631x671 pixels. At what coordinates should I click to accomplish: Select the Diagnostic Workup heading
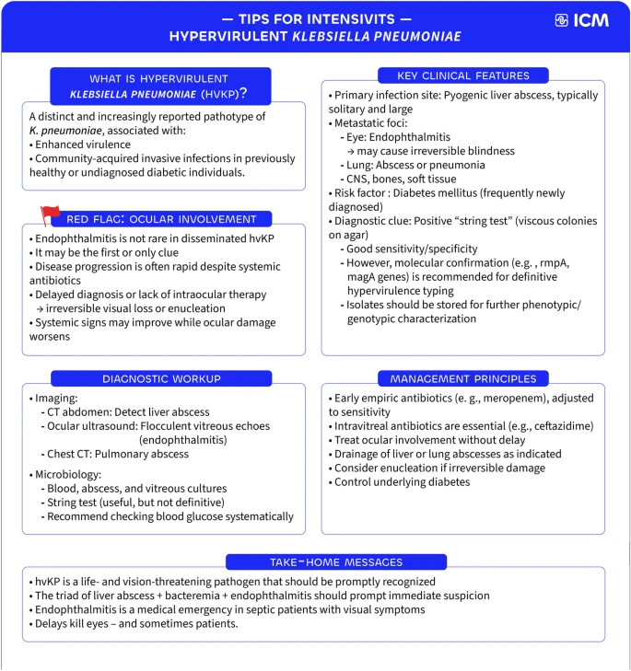coord(161,378)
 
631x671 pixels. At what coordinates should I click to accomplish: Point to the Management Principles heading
coord(463,378)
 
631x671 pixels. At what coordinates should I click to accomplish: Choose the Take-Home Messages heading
coord(336,561)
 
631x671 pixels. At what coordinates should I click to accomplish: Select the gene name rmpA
coord(553,262)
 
